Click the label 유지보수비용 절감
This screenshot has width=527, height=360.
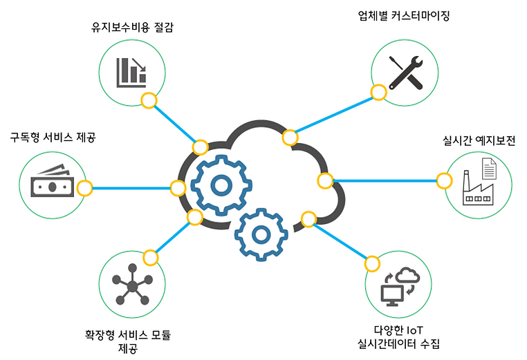132,28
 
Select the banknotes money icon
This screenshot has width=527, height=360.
50,183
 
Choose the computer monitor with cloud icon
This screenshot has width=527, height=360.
399,285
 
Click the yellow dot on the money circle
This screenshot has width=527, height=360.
84,188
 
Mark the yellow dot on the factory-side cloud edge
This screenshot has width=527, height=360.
324,181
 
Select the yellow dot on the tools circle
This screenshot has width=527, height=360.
378,93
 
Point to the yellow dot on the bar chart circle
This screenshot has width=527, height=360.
148,101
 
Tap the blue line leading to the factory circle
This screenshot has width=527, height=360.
387,181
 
